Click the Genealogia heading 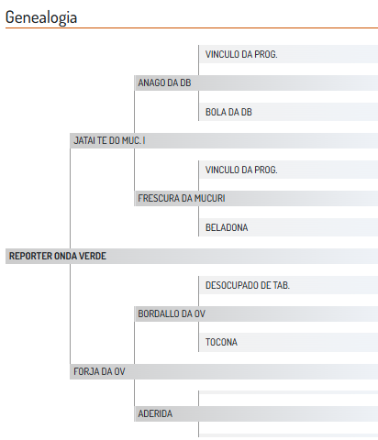pyautogui.click(x=41, y=17)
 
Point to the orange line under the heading pyautogui.click(x=192, y=28)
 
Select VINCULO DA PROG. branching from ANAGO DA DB pyautogui.click(x=241, y=54)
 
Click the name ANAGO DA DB pyautogui.click(x=164, y=82)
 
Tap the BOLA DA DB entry pyautogui.click(x=228, y=112)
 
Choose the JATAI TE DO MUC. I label pyautogui.click(x=109, y=140)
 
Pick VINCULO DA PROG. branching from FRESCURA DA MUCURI pyautogui.click(x=241, y=170)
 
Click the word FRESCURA pyautogui.click(x=159, y=198)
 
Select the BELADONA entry pyautogui.click(x=227, y=227)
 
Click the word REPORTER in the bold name pyautogui.click(x=30, y=256)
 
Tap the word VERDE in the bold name pyautogui.click(x=93, y=256)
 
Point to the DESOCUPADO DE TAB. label pyautogui.click(x=248, y=285)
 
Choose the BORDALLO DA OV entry pyautogui.click(x=172, y=313)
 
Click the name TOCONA pyautogui.click(x=221, y=342)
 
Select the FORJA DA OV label pyautogui.click(x=99, y=371)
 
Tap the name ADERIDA pyautogui.click(x=155, y=413)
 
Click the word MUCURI pyautogui.click(x=210, y=198)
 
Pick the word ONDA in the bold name pyautogui.click(x=65, y=256)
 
